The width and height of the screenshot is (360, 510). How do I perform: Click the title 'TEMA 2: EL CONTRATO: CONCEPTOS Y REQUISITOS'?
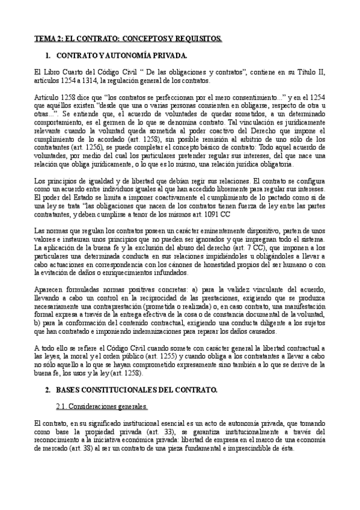127,38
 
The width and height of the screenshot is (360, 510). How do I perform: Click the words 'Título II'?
311,72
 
